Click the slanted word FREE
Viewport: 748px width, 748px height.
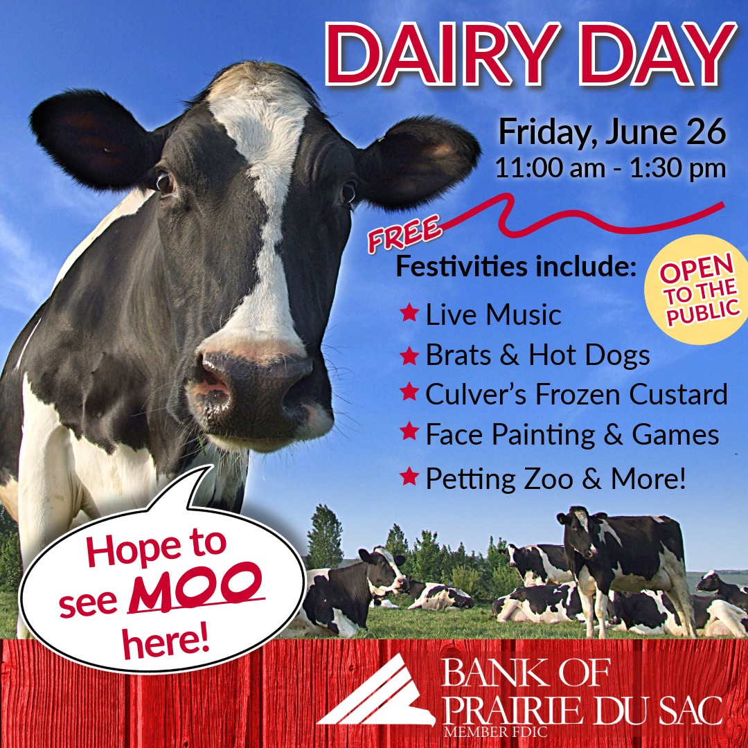(x=405, y=235)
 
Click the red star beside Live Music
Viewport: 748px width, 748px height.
(x=409, y=314)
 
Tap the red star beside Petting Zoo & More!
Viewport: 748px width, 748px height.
(x=409, y=477)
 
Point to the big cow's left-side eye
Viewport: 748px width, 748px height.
(x=164, y=182)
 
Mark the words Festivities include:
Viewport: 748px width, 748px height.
(x=515, y=267)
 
